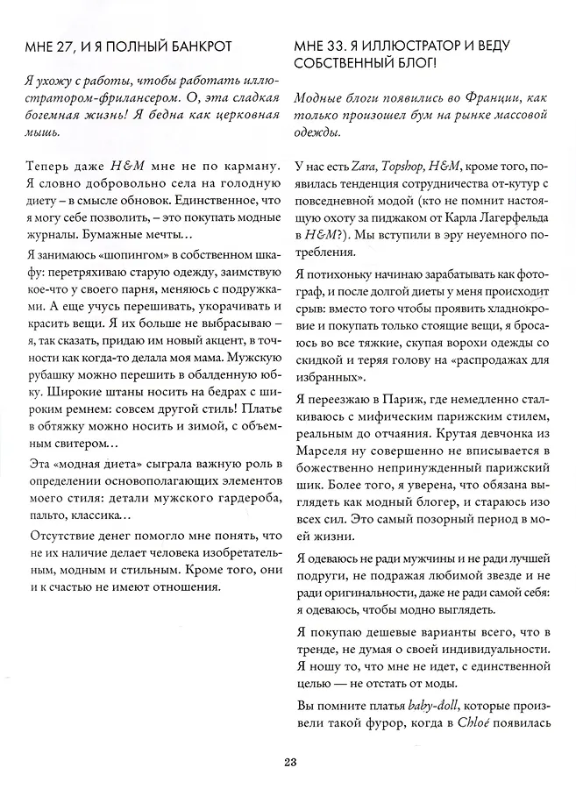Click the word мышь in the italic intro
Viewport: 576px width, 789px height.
tap(45, 132)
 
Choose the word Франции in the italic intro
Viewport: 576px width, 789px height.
tap(494, 99)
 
